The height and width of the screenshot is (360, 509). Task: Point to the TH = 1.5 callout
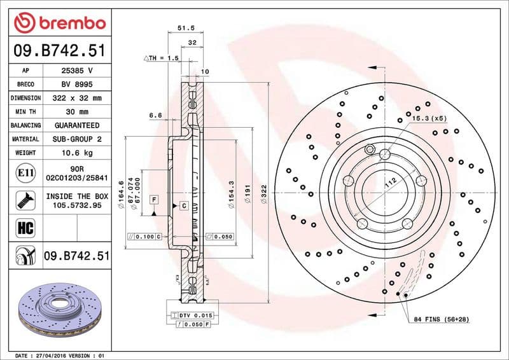pyautogui.click(x=162, y=58)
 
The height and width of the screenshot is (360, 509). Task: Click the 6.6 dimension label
pyautogui.click(x=155, y=115)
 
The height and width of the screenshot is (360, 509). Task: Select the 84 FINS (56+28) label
pyautogui.click(x=441, y=318)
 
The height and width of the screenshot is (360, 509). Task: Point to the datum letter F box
pyautogui.click(x=153, y=200)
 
